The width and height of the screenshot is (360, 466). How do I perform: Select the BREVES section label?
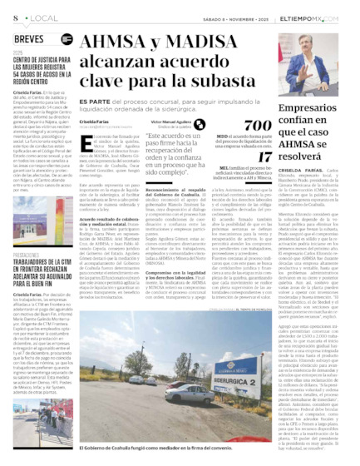tap(29, 37)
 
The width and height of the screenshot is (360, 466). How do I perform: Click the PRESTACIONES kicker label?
tap(26, 255)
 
